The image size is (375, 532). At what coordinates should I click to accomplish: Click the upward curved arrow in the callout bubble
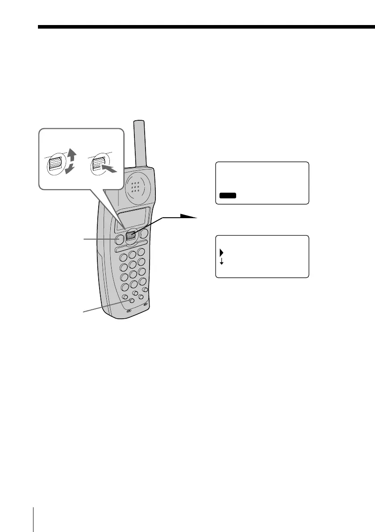point(72,157)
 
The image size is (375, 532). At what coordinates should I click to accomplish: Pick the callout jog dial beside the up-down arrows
point(55,164)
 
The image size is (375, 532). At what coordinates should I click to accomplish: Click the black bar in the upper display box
point(228,195)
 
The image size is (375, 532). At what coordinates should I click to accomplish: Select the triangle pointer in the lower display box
point(221,253)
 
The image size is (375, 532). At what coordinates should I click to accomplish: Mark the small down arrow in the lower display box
point(221,262)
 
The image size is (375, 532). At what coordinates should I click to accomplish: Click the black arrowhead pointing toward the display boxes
point(190,216)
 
